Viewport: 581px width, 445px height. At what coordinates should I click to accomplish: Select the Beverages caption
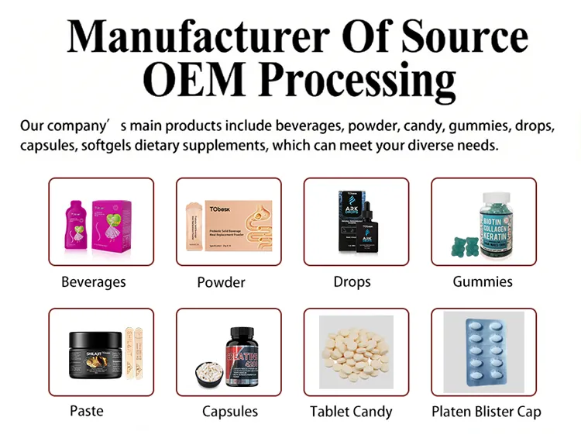(94, 282)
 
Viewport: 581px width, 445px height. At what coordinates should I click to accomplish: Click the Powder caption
(221, 282)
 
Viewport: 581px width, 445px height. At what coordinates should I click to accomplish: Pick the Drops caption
(352, 282)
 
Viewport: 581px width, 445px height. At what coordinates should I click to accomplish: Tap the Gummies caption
(483, 282)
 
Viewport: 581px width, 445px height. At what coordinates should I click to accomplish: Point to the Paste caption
(85, 410)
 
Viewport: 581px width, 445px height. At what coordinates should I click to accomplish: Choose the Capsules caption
(230, 411)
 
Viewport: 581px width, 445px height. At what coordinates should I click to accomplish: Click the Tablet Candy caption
(351, 411)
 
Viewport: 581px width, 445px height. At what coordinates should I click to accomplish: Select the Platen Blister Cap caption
(486, 411)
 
